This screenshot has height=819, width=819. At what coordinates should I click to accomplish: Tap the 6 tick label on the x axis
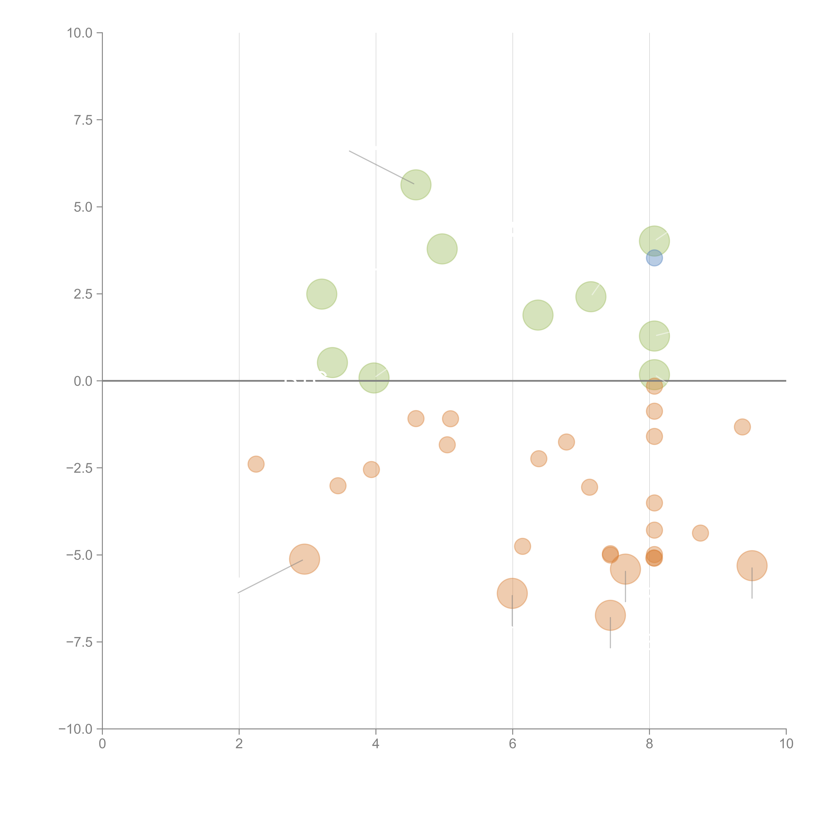tap(513, 744)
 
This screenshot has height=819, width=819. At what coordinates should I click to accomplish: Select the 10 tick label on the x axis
tap(786, 744)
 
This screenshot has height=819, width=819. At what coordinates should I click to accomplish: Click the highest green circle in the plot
tap(416, 185)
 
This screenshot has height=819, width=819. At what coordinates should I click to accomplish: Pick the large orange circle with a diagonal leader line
tap(304, 559)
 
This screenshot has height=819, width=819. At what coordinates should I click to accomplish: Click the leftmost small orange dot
tap(256, 464)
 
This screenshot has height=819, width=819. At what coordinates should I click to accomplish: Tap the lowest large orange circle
tap(610, 615)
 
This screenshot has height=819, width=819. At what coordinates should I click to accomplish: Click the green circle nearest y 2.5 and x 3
tap(322, 294)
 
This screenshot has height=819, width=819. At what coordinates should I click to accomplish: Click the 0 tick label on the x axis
tap(102, 744)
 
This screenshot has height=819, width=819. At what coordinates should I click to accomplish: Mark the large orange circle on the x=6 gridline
tap(512, 593)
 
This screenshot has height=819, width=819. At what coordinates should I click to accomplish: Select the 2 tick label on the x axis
tap(239, 744)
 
